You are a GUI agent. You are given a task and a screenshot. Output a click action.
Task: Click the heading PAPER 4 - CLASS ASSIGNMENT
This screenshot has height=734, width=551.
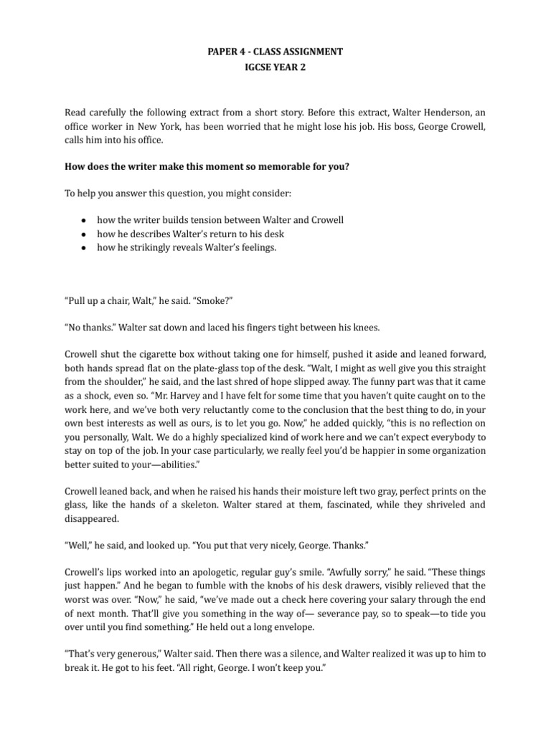pyautogui.click(x=275, y=52)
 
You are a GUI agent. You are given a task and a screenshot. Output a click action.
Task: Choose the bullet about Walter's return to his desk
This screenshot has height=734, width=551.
pyautogui.click(x=194, y=234)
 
